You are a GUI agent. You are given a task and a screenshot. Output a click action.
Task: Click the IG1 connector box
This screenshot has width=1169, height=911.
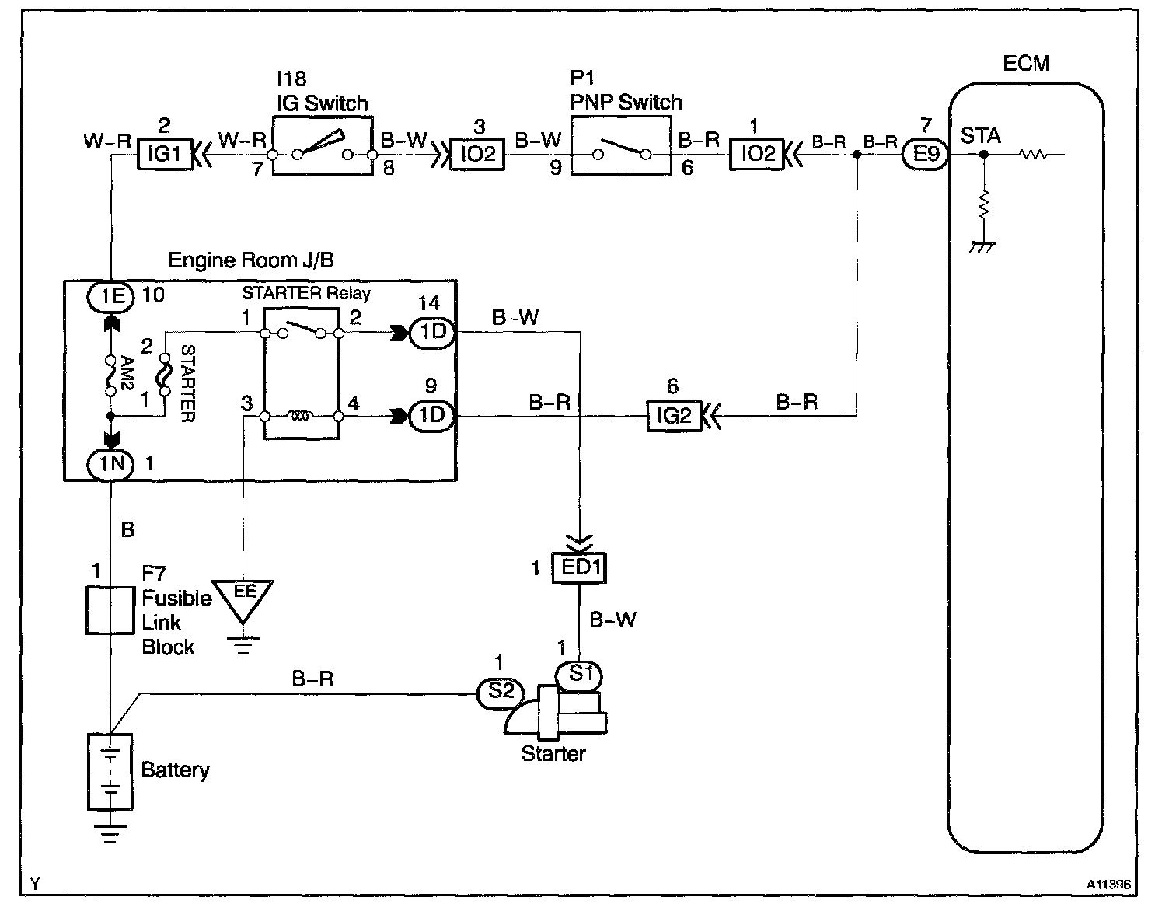coord(164,155)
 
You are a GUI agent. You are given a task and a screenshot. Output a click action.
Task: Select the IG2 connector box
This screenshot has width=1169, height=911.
coord(673,415)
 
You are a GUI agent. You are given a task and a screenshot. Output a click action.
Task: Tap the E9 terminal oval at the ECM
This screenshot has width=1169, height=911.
coord(926,154)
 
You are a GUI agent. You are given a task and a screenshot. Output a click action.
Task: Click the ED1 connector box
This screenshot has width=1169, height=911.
coord(578,567)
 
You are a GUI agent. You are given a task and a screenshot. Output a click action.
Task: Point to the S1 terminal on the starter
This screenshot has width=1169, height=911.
coord(579,674)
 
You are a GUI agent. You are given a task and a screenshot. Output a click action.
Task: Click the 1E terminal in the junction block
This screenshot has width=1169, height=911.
coord(112,295)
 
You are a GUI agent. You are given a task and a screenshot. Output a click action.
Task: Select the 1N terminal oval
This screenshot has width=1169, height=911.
coord(112,464)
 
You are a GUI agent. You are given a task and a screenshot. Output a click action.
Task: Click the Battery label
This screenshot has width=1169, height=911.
coord(176,770)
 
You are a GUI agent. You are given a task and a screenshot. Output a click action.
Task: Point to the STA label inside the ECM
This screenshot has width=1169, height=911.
coord(980,136)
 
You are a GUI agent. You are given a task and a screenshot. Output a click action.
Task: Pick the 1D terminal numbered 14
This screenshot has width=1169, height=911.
coord(433,332)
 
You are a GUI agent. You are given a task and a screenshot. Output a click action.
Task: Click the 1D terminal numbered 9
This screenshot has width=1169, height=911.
coord(433,415)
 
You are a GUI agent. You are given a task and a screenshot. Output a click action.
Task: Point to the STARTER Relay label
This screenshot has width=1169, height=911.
coord(305,293)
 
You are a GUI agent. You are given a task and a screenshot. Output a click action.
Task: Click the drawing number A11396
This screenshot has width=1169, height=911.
coord(1109,885)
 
